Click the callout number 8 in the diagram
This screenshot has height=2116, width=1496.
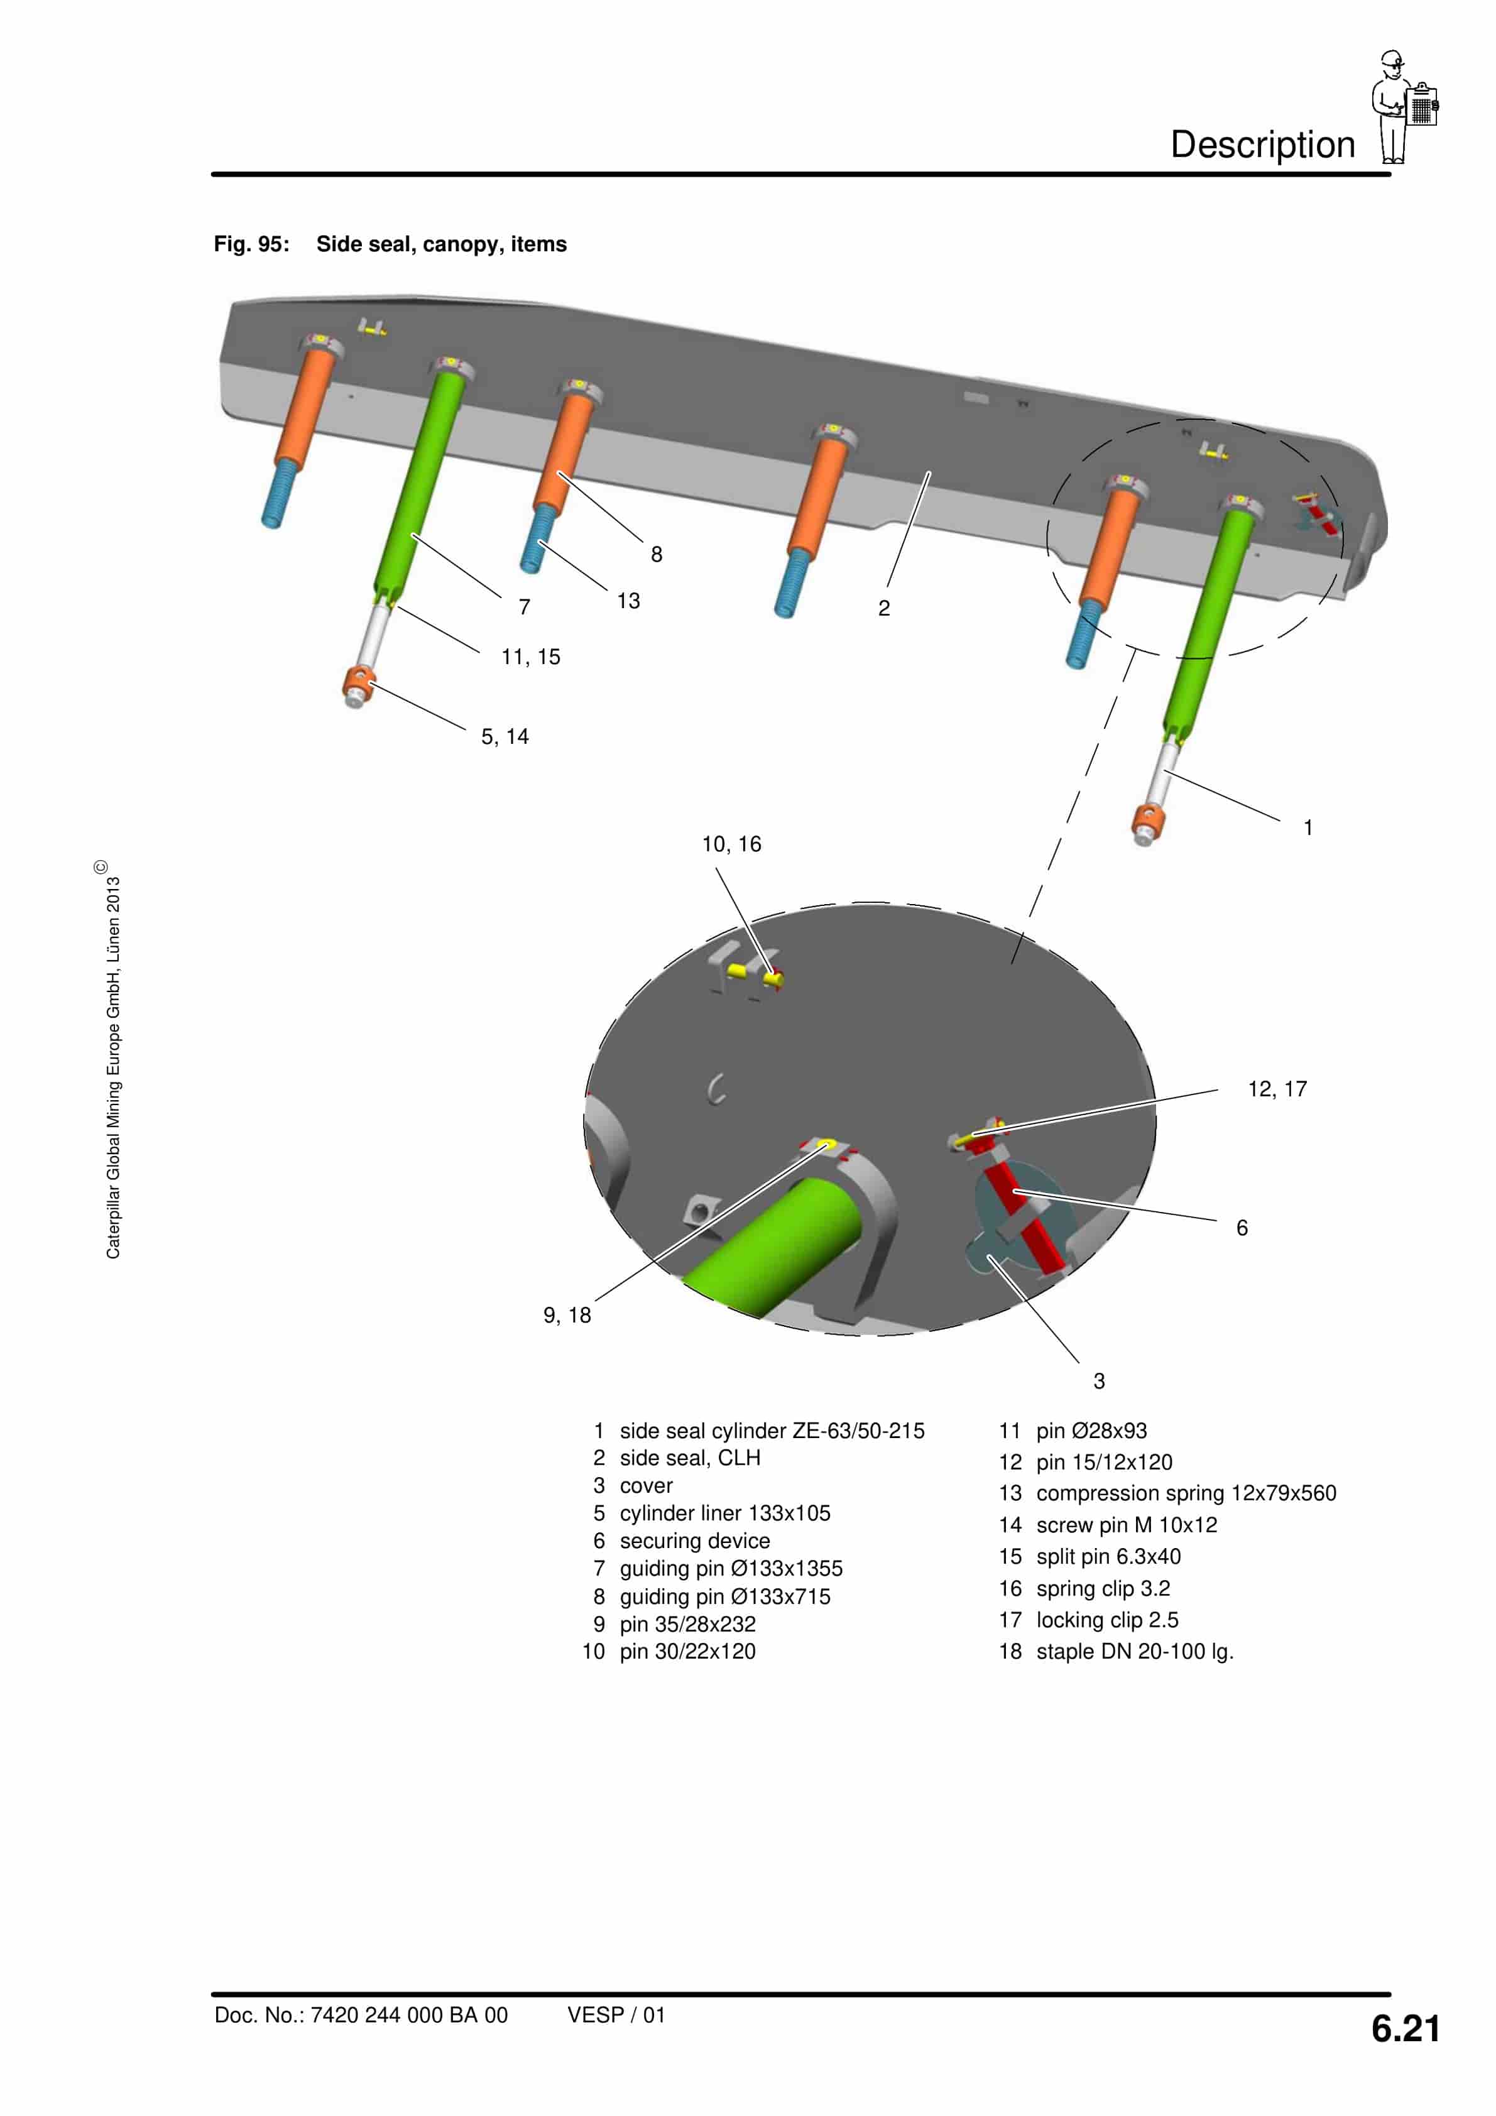click(x=657, y=554)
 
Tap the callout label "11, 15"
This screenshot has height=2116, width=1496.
click(x=530, y=657)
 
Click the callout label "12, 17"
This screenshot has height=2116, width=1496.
click(x=1277, y=1089)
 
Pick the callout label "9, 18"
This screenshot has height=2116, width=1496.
click(x=567, y=1315)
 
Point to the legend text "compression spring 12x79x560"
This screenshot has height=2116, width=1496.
click(x=1186, y=1493)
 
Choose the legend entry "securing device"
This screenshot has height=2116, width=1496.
click(x=694, y=1541)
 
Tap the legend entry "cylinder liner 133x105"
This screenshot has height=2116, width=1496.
click(x=724, y=1513)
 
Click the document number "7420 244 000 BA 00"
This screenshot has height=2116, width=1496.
click(x=408, y=2015)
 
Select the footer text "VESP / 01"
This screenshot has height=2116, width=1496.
click(x=616, y=2015)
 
